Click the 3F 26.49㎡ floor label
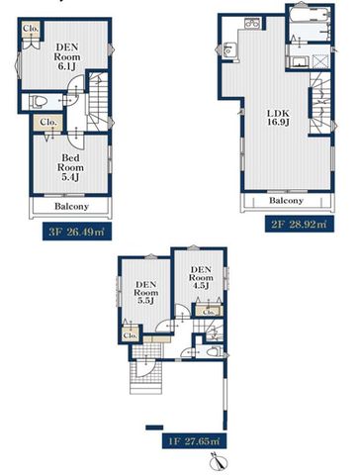click(76, 232)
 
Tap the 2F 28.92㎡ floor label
click(300, 225)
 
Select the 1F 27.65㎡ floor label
click(194, 440)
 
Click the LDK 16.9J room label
click(278, 118)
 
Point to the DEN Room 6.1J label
click(67, 56)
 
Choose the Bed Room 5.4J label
click(70, 167)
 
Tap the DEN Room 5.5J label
click(145, 292)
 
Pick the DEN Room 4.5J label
click(201, 277)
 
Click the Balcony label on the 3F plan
click(71, 207)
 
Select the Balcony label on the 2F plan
click(286, 200)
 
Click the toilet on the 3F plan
click(38, 101)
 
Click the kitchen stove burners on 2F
click(252, 23)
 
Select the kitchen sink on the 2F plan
click(228, 50)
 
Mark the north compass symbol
click(219, 461)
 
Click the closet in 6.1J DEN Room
click(31, 29)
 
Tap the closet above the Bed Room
click(48, 123)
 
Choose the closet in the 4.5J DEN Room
click(209, 311)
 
